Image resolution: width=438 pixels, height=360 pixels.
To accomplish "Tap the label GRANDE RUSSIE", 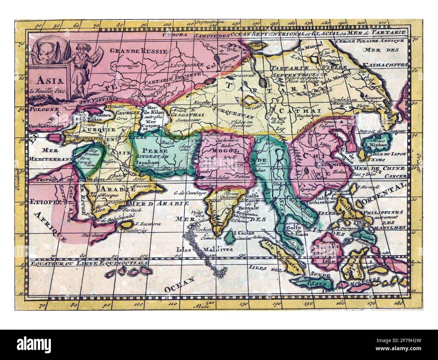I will (139, 51).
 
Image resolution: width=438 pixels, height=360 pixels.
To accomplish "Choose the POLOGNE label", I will (41, 109).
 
